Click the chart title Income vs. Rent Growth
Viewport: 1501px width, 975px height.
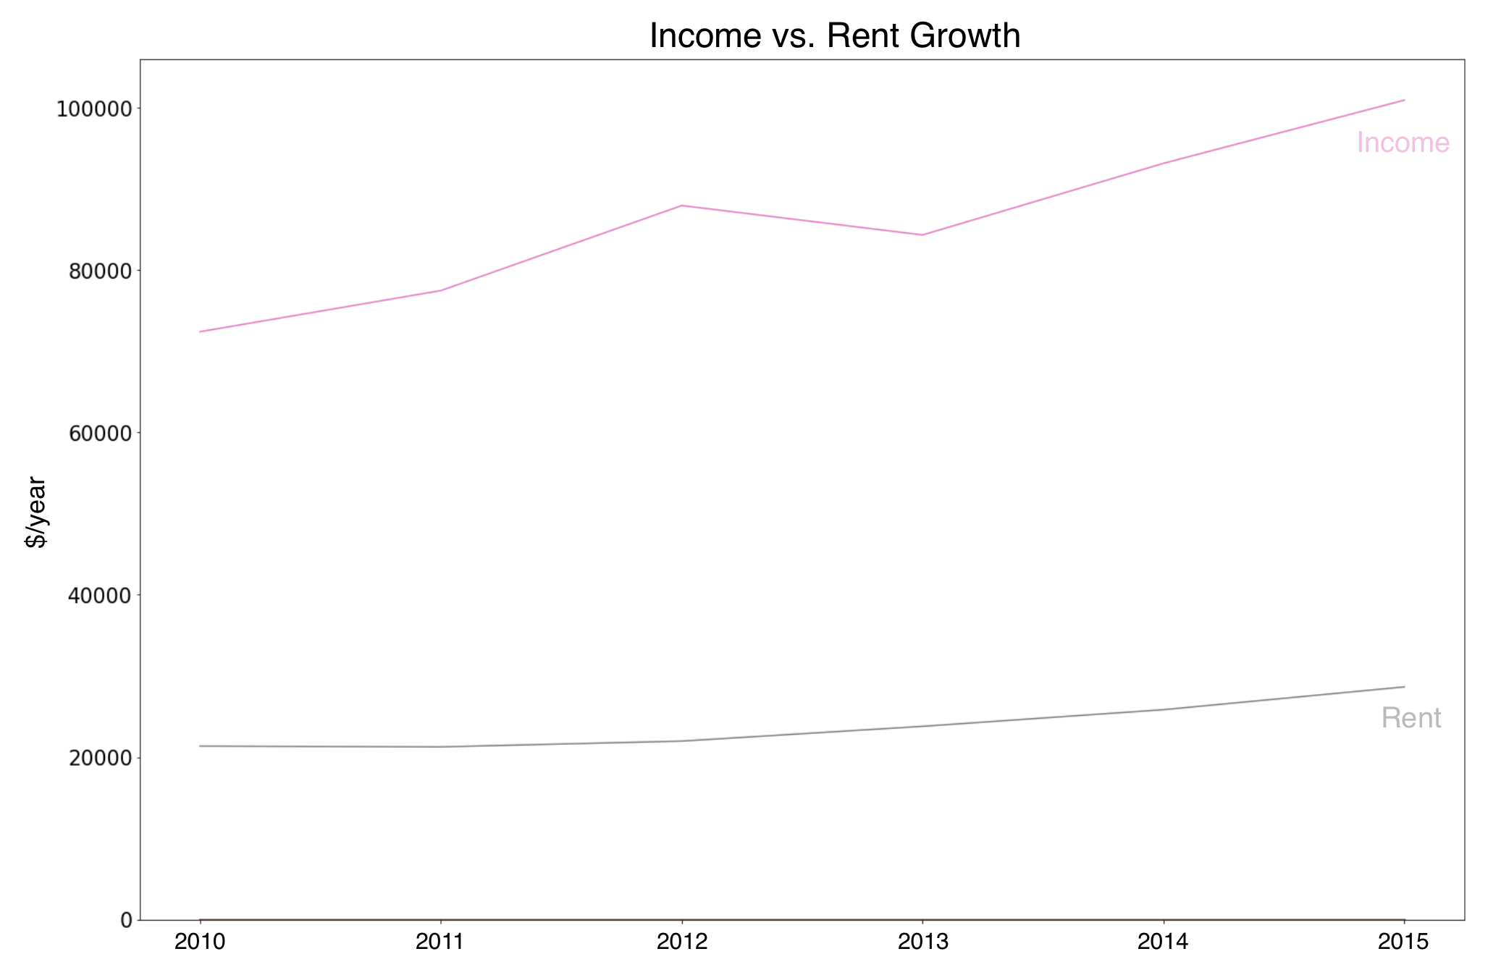[x=834, y=35]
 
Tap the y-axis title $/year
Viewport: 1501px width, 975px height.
[x=35, y=512]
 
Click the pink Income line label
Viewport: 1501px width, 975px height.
[x=1403, y=143]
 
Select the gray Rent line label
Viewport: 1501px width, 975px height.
[x=1410, y=718]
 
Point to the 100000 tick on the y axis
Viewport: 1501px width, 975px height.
[x=95, y=109]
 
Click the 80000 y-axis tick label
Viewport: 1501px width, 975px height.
[x=100, y=271]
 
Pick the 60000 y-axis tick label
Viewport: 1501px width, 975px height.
[x=100, y=434]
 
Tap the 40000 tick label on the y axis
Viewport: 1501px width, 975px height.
[x=100, y=596]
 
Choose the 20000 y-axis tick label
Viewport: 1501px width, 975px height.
[x=100, y=758]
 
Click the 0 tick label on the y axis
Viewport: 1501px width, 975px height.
[x=127, y=920]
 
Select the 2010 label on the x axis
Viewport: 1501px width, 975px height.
[x=201, y=942]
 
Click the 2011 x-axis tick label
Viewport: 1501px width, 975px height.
[x=441, y=942]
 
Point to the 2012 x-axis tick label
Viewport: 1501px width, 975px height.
[x=681, y=942]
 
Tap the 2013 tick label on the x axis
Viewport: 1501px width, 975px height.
[x=922, y=942]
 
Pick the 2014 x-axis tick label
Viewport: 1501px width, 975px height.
[x=1163, y=942]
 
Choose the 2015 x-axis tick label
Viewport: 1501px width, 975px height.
[x=1403, y=942]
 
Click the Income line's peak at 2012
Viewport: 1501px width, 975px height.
[x=681, y=206]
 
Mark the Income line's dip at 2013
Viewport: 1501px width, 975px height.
[x=922, y=235]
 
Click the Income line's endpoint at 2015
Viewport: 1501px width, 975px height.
[x=1404, y=100]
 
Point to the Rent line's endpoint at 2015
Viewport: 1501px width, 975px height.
[x=1404, y=687]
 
